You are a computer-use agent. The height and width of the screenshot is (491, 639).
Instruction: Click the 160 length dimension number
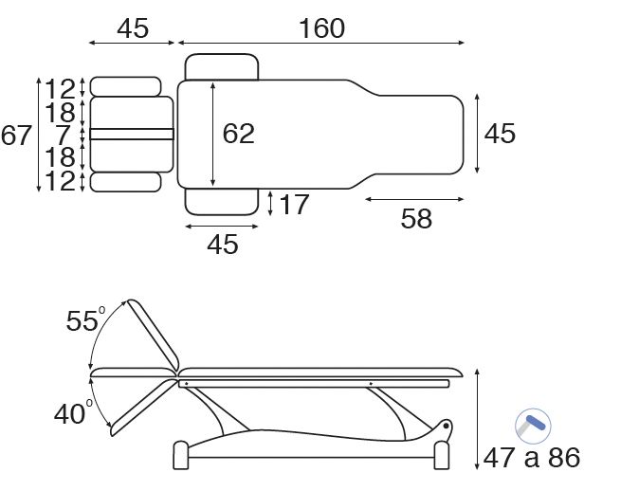tap(321, 28)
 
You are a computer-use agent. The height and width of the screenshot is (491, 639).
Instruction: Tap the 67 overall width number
tap(16, 136)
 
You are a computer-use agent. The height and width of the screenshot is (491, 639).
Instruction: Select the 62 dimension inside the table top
tap(239, 134)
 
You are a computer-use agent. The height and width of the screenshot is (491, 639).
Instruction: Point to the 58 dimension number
tap(416, 219)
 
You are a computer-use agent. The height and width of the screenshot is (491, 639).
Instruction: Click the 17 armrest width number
tap(294, 204)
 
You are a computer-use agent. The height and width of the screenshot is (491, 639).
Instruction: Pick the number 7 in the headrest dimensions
tap(64, 135)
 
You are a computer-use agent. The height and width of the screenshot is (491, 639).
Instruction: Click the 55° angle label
tap(83, 321)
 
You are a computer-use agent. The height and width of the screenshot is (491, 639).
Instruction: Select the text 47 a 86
tap(531, 459)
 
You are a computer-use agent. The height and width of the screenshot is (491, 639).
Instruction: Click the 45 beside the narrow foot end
tap(500, 134)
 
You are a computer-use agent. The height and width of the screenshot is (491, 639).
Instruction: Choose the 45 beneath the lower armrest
tap(222, 245)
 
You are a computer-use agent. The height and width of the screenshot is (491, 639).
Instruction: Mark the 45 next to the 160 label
tap(133, 28)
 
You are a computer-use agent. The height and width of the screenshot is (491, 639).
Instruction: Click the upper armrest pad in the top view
tap(222, 67)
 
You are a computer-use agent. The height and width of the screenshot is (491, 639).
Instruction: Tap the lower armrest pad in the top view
tap(222, 201)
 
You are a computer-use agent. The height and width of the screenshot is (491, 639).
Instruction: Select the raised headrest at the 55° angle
tap(152, 334)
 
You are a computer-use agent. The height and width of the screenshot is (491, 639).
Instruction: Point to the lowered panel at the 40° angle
tap(142, 406)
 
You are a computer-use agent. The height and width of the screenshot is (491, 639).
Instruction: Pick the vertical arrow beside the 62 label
tap(213, 134)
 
